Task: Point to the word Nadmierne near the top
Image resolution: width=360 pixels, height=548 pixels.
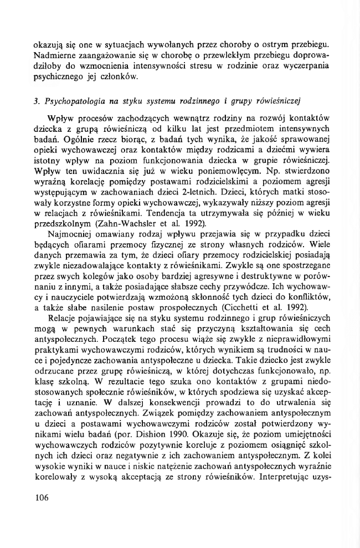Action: [56, 55]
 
